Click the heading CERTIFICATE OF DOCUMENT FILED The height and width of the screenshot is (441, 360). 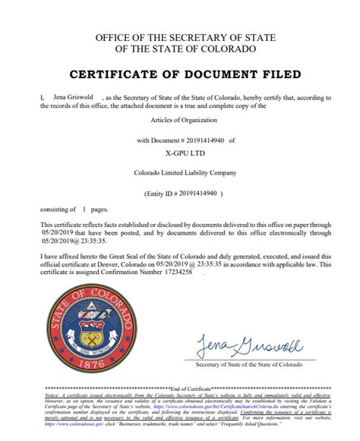point(179,74)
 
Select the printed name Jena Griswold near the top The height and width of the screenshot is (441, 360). point(51,97)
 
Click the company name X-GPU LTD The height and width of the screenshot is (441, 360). point(179,151)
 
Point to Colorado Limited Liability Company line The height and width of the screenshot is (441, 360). point(179,173)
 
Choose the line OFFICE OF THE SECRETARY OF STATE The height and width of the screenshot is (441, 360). point(179,37)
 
